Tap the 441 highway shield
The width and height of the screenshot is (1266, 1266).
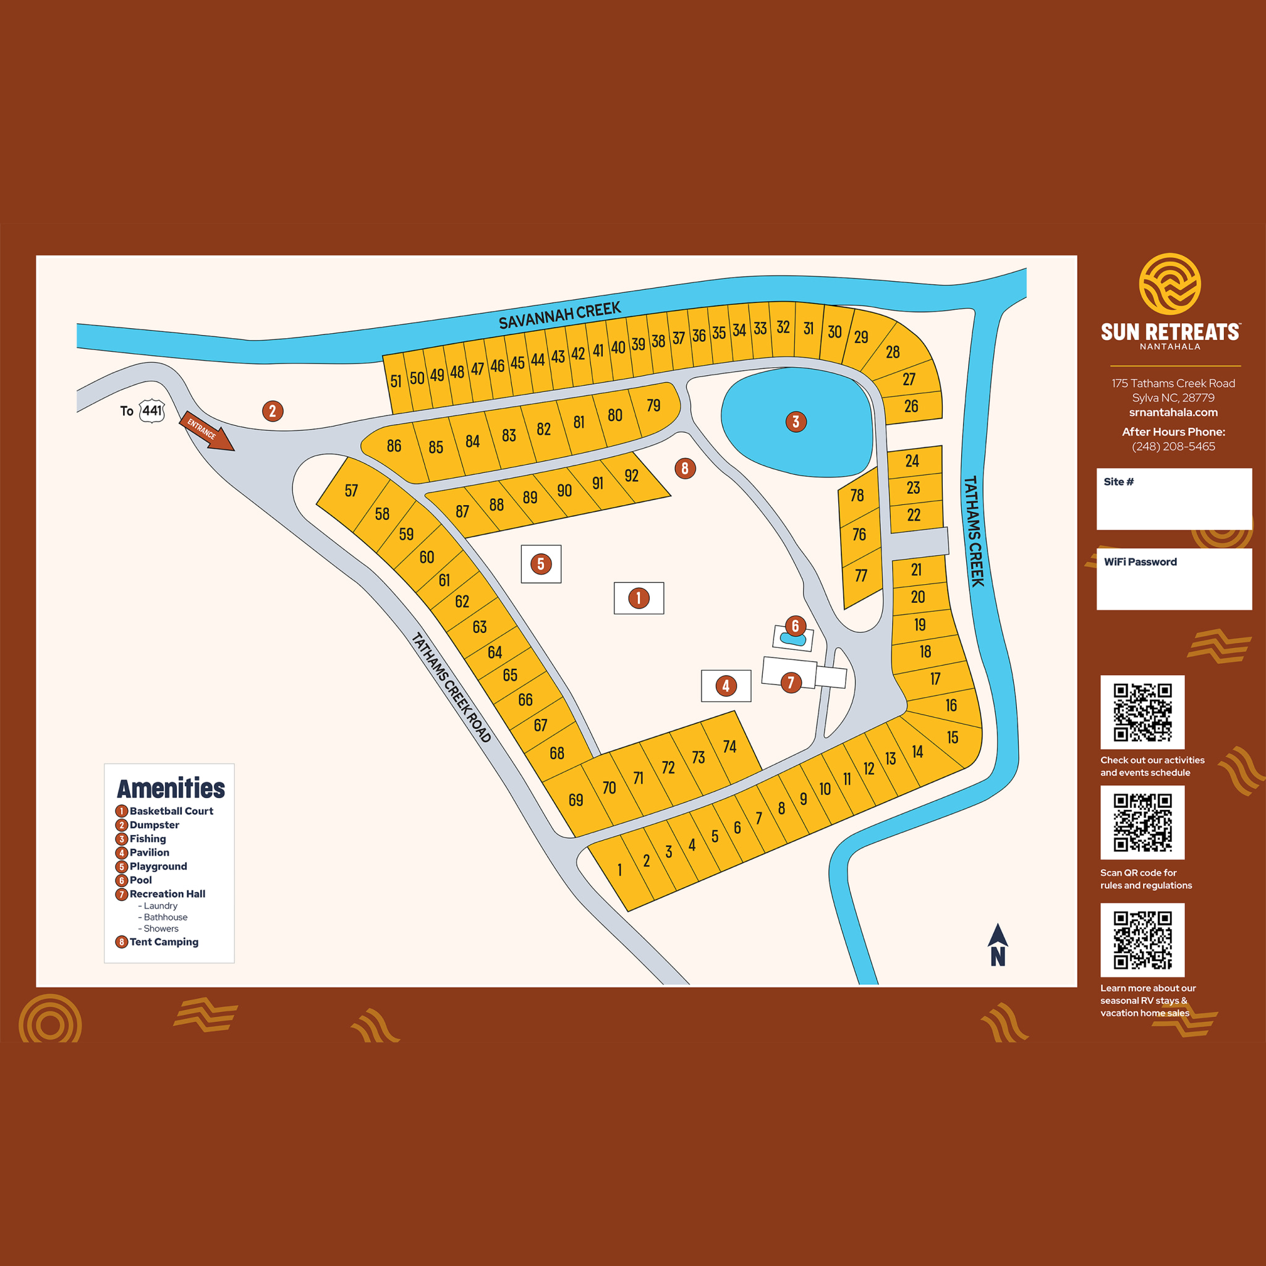(x=152, y=411)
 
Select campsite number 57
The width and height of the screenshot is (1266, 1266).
(x=351, y=490)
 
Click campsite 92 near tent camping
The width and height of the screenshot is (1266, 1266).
(x=631, y=476)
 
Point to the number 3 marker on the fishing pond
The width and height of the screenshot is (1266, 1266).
(x=796, y=422)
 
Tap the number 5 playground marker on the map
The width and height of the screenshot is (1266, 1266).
(x=541, y=564)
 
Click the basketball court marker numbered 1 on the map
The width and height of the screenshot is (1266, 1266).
(x=638, y=598)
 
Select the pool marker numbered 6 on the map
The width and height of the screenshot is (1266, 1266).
(x=795, y=626)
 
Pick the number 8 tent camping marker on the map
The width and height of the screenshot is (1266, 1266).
(x=685, y=468)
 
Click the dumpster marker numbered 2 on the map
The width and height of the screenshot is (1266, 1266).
(x=273, y=411)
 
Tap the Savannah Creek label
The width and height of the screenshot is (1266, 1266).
(x=559, y=316)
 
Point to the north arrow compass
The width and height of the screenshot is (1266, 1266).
(x=997, y=945)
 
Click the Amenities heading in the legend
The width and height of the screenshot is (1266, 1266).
(x=171, y=788)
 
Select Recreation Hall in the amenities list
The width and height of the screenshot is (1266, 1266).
(x=167, y=894)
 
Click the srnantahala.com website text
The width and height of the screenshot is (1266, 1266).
(x=1173, y=412)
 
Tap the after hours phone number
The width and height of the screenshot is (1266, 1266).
(x=1173, y=446)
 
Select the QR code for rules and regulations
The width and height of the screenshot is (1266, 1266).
(x=1142, y=822)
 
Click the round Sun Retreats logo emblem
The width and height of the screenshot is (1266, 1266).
(x=1170, y=284)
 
